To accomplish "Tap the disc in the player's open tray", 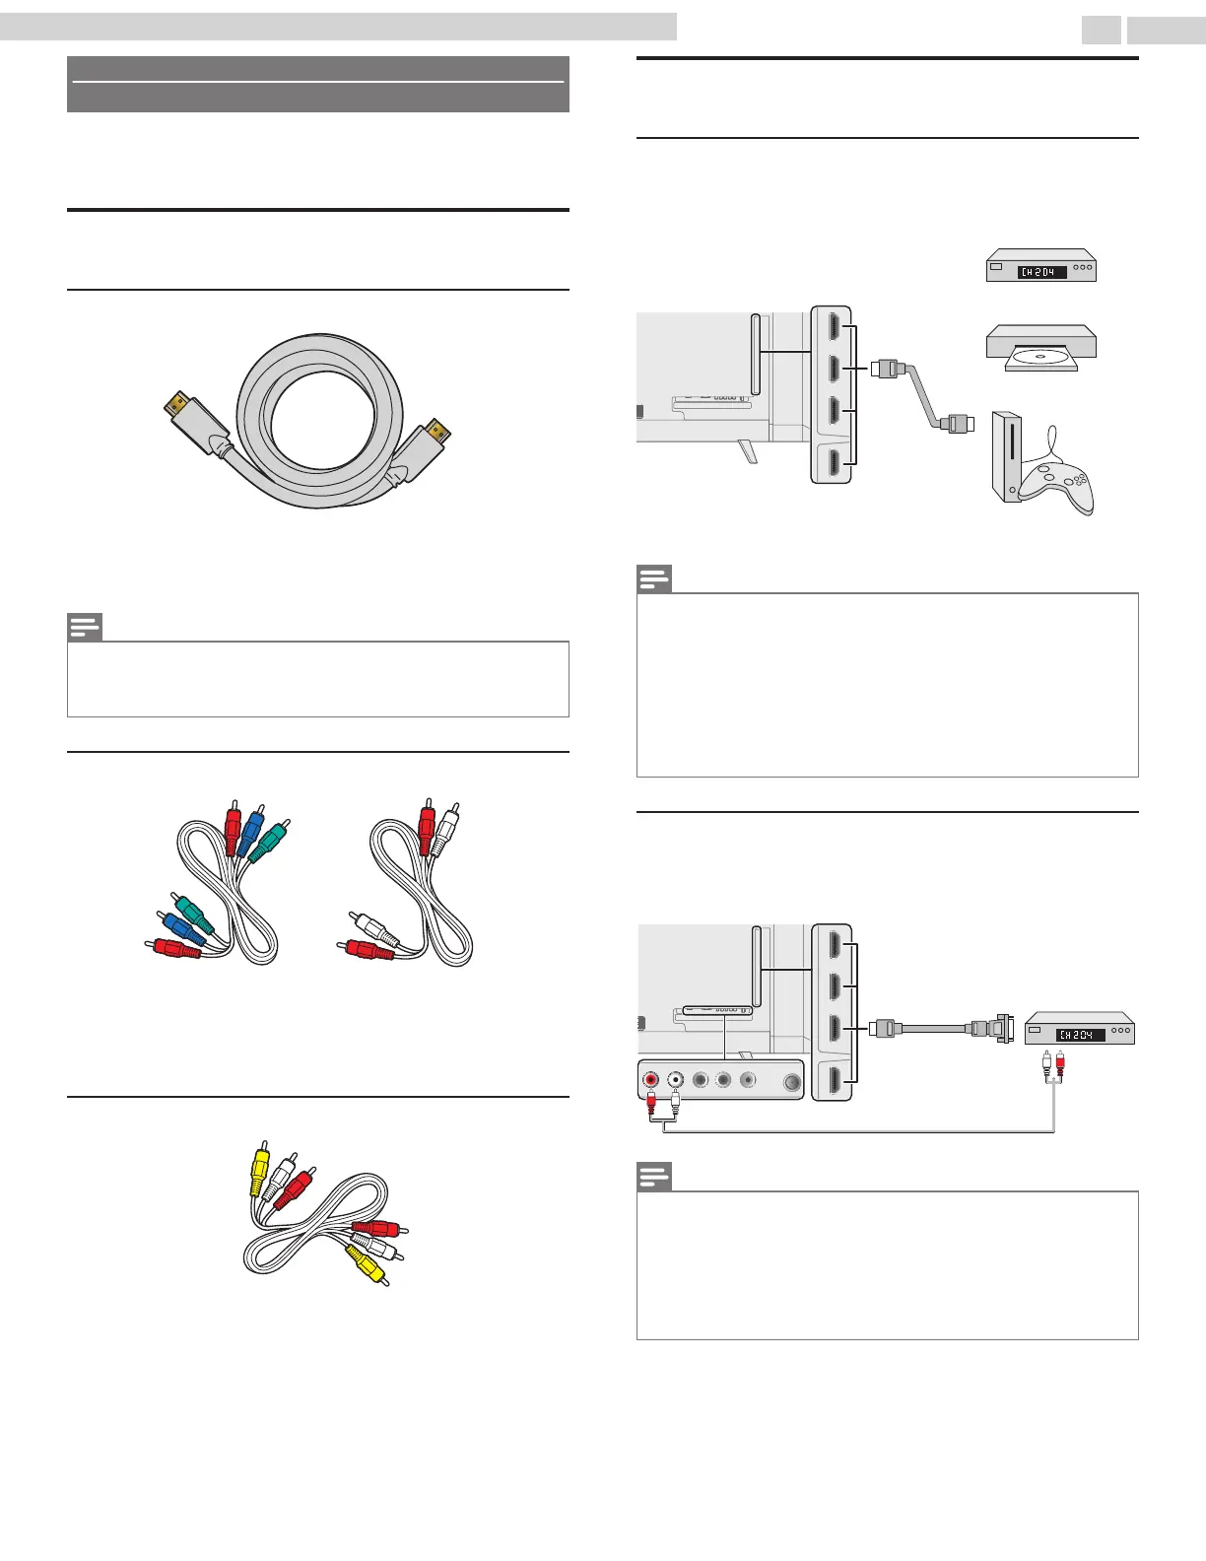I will (x=1041, y=357).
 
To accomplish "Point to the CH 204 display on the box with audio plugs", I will (x=1079, y=1035).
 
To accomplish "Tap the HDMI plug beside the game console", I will (x=958, y=424).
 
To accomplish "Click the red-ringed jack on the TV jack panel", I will (x=650, y=1079).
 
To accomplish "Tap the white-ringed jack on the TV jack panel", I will (x=675, y=1079).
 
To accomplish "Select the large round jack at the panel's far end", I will (x=792, y=1081).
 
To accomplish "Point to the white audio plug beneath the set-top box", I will (x=1046, y=1065).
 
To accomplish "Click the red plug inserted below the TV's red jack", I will (x=651, y=1105).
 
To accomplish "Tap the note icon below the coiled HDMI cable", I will (x=85, y=627).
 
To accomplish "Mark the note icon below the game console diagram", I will (x=654, y=578).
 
